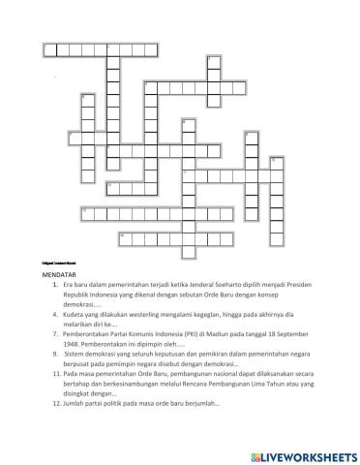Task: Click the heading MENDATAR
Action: pyautogui.click(x=60, y=276)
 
